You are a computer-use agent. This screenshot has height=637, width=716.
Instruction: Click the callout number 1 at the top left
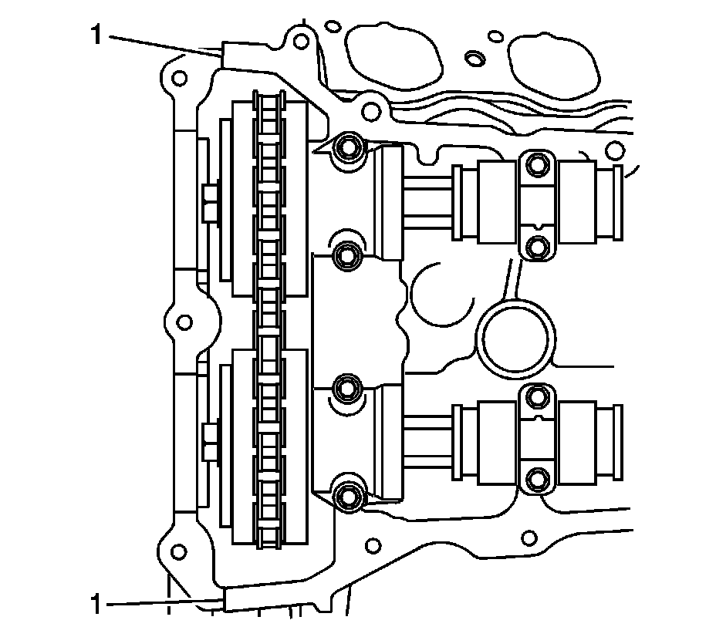pyautogui.click(x=96, y=35)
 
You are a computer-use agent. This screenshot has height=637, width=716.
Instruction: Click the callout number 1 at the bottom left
pyautogui.click(x=96, y=602)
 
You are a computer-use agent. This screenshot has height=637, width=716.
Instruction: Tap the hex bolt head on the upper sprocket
pyautogui.click(x=210, y=202)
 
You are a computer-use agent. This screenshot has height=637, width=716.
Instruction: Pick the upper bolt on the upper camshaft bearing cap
pyautogui.click(x=537, y=165)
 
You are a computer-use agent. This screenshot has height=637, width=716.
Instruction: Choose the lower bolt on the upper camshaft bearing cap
pyautogui.click(x=537, y=246)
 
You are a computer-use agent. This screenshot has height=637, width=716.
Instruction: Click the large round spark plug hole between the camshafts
pyautogui.click(x=515, y=336)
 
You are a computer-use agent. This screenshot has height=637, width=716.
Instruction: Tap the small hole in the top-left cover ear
pyautogui.click(x=178, y=79)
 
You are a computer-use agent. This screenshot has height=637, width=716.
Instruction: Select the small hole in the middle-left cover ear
pyautogui.click(x=183, y=321)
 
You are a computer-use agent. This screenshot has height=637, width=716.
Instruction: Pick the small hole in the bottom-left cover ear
pyautogui.click(x=178, y=551)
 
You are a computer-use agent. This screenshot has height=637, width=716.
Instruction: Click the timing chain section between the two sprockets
pyautogui.click(x=268, y=320)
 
